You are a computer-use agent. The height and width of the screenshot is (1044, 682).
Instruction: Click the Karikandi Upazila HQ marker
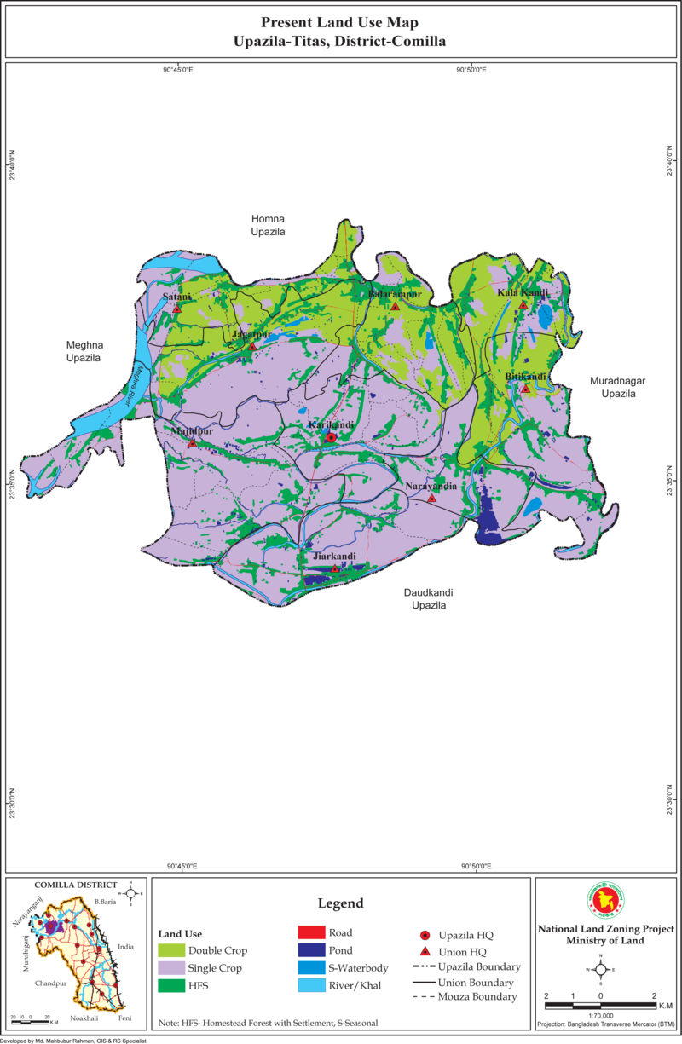coord(331,437)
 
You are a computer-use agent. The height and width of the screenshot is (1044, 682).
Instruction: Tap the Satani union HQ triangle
coord(177,309)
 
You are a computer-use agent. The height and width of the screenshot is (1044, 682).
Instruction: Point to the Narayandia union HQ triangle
coord(431,499)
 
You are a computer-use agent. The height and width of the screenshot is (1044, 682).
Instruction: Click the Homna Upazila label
coord(268,225)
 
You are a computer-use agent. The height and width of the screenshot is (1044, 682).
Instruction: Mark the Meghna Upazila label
coord(84,352)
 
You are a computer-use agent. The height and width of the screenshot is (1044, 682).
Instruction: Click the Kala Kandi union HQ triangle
coord(523,304)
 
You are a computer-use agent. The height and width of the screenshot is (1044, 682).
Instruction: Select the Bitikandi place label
coord(525,376)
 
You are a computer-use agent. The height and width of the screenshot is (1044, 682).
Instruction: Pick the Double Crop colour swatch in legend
coord(171,950)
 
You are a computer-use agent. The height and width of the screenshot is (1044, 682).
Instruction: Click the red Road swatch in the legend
coord(311,932)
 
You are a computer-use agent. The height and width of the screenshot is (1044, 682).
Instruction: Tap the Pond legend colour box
coord(311,950)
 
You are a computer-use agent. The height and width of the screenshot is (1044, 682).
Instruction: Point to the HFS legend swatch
coord(171,986)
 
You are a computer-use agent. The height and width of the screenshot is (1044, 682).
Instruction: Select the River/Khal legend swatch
coord(311,986)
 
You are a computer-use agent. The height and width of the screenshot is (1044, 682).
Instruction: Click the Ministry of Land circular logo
coord(605,902)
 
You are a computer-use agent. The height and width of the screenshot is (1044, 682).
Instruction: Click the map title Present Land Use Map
coord(339,22)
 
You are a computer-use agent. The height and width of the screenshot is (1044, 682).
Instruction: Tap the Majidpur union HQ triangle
coord(192,443)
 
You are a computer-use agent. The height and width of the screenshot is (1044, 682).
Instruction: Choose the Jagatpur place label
coord(251,335)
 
